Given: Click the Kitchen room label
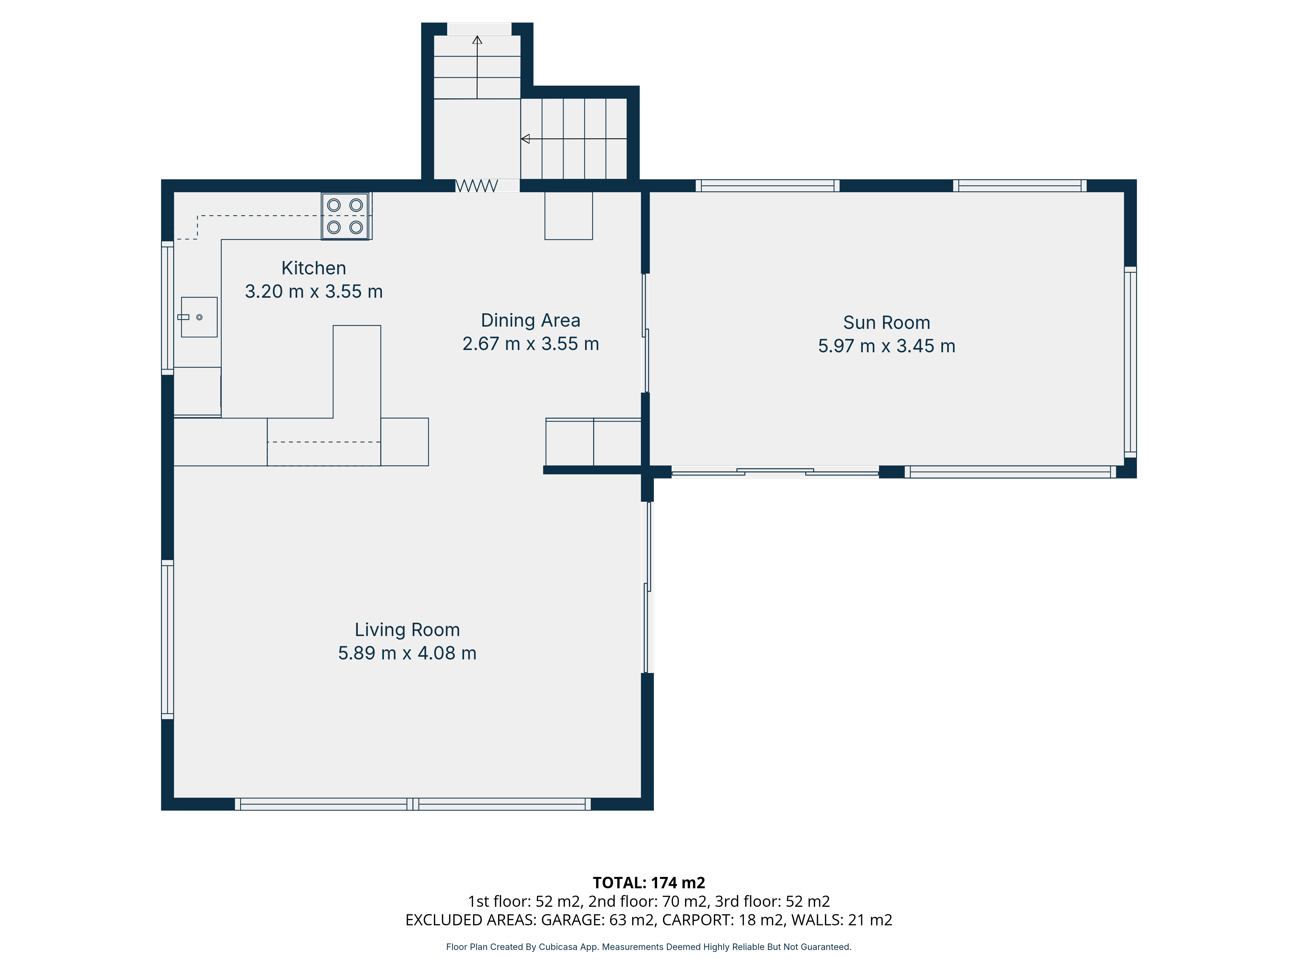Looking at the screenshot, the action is click(x=313, y=268).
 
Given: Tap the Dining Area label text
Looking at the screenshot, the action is click(x=531, y=320).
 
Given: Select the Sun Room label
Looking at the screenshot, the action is click(x=887, y=323).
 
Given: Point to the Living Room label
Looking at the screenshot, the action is click(x=407, y=630).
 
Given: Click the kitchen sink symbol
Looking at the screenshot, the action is click(x=199, y=317).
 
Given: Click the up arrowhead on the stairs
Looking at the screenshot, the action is click(x=477, y=40).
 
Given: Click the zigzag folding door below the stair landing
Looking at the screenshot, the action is click(x=477, y=186).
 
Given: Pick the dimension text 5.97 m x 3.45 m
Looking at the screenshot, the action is click(x=887, y=346).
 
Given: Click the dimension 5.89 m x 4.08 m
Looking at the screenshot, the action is click(x=407, y=654).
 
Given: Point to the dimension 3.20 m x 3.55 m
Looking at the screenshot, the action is click(x=313, y=292).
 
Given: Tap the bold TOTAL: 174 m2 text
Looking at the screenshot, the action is click(x=649, y=883).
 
